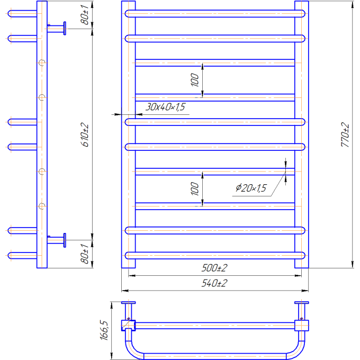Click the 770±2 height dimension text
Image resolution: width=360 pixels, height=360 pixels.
coord(345,134)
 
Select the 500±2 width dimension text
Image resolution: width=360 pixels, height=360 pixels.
coord(214,268)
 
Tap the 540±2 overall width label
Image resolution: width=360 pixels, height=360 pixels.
coord(214,283)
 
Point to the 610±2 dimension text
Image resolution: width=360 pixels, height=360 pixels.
coord(85,135)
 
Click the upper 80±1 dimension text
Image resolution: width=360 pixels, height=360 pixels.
coord(85,15)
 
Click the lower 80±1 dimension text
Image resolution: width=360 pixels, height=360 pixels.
coord(85,254)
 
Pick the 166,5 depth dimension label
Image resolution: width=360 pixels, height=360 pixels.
coord(104,330)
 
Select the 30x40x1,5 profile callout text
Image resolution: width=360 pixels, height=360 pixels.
coord(165,107)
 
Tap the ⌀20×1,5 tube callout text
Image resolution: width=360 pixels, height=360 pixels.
coord(251,188)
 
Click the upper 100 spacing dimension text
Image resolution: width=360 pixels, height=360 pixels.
coord(195,80)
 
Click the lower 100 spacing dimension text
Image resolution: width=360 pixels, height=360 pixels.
coord(195,188)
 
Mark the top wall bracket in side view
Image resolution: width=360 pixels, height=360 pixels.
coord(57,29)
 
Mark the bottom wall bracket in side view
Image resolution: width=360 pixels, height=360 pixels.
coord(57,240)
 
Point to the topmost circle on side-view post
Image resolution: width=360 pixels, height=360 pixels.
coord(42,62)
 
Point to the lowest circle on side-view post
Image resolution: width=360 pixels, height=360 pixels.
coord(42,206)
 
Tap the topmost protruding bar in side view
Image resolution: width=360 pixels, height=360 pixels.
coord(22,14)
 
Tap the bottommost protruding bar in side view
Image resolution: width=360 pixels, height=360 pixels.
coord(22,256)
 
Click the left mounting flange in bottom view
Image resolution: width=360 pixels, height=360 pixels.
coord(128,303)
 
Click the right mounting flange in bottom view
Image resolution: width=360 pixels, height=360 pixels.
coord(302,303)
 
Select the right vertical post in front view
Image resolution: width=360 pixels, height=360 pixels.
coord(302,134)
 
